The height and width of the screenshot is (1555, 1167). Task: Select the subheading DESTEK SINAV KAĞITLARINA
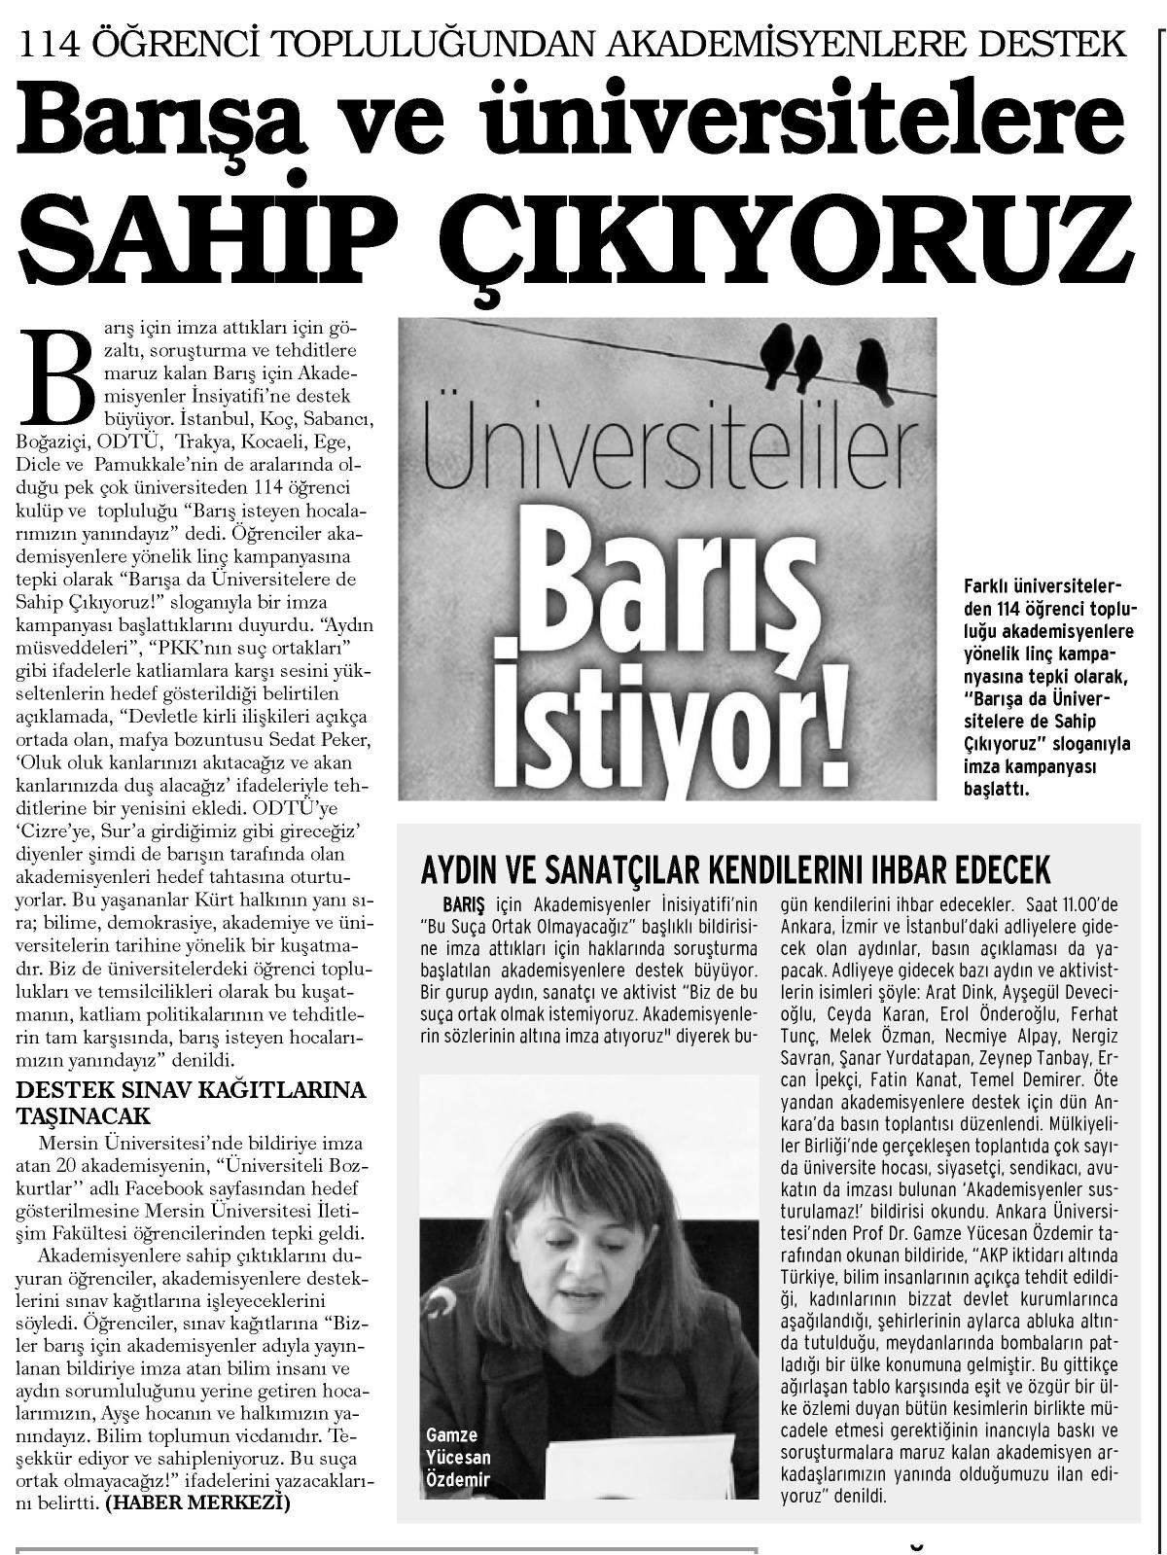pyautogui.click(x=193, y=1088)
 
